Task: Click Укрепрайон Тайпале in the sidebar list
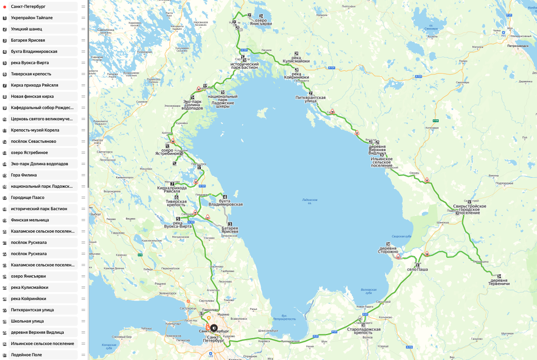pos(32,18)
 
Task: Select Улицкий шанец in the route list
pos(26,29)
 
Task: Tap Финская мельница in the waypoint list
pos(30,220)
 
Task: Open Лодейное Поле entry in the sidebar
pos(27,355)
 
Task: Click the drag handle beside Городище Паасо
pos(83,198)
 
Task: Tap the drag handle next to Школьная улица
pos(83,321)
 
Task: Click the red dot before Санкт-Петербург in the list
pos(5,7)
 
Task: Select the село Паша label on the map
pos(418,270)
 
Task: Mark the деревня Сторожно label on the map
pos(389,250)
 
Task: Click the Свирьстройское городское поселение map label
pos(470,209)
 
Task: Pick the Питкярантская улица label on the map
pos(310,98)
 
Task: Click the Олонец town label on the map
pos(414,173)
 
